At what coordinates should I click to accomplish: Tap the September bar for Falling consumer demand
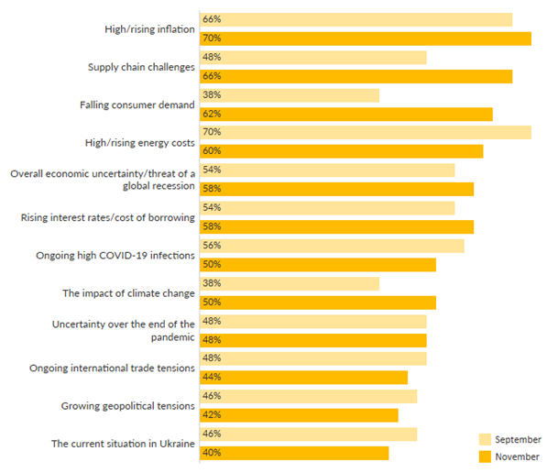290,95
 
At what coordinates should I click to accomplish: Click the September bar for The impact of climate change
290,283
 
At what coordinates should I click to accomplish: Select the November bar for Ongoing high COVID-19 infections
317,264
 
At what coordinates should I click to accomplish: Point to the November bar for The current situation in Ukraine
294,453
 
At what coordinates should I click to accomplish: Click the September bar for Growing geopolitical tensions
308,396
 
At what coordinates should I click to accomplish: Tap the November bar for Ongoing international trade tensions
303,377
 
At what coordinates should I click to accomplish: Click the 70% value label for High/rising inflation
213,38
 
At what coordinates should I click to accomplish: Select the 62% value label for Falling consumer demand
213,114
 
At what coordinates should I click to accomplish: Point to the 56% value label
213,246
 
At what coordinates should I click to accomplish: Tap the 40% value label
213,453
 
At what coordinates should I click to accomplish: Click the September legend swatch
485,439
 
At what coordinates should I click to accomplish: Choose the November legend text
517,456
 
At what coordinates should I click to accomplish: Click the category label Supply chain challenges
141,67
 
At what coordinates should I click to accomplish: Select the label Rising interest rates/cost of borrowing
108,217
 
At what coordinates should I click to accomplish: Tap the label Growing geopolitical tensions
128,405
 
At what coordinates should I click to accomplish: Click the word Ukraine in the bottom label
175,444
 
